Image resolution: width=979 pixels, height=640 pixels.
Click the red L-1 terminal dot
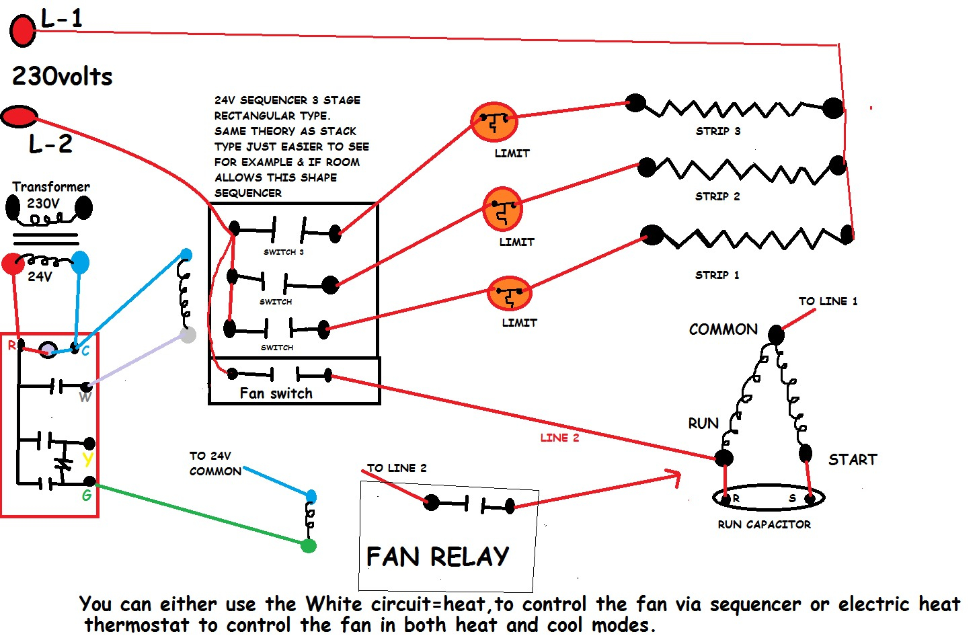pos(22,30)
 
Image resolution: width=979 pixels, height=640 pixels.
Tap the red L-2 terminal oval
pos(19,117)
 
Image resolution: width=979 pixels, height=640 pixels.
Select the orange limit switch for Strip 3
pos(494,122)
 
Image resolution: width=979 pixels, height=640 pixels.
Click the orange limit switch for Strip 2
pos(503,209)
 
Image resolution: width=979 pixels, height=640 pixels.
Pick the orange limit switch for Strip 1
pos(509,292)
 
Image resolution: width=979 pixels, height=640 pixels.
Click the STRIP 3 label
pos(718,131)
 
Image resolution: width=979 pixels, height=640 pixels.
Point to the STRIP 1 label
pos(717,275)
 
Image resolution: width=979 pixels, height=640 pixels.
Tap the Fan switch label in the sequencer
pos(276,393)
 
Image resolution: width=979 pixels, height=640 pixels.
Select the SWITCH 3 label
pos(283,252)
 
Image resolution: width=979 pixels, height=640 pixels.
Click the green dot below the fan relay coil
pos(309,546)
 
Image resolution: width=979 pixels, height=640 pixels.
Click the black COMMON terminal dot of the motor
pos(776,334)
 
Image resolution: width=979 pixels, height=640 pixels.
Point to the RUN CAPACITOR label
pos(764,524)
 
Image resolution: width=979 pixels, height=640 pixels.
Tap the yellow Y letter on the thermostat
pos(88,460)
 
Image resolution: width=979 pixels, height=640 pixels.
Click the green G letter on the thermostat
pos(87,495)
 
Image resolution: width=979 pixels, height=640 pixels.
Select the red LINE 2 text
pos(559,438)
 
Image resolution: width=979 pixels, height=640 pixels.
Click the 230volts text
pos(62,76)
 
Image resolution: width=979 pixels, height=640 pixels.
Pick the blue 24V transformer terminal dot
pos(80,263)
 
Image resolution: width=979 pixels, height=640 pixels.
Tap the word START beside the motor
pos(853,460)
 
